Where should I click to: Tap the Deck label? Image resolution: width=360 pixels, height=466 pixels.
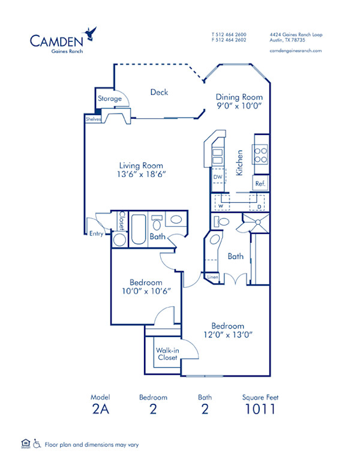(x=159, y=92)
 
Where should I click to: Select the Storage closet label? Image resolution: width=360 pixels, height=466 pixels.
(x=110, y=99)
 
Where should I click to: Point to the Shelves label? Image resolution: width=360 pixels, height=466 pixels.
(x=93, y=119)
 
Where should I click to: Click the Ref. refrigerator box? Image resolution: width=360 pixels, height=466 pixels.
(x=260, y=184)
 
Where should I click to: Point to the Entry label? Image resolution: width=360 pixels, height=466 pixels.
(x=96, y=234)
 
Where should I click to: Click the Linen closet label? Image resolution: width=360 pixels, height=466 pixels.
(x=212, y=278)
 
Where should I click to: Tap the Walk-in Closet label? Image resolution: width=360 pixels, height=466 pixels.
(x=167, y=354)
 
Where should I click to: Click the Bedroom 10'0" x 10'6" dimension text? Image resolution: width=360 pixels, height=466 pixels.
(x=146, y=287)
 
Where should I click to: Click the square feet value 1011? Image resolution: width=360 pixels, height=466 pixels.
(x=260, y=410)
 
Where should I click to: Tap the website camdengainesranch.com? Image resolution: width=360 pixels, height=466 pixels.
(x=296, y=50)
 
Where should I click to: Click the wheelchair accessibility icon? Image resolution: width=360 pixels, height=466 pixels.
(x=37, y=444)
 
